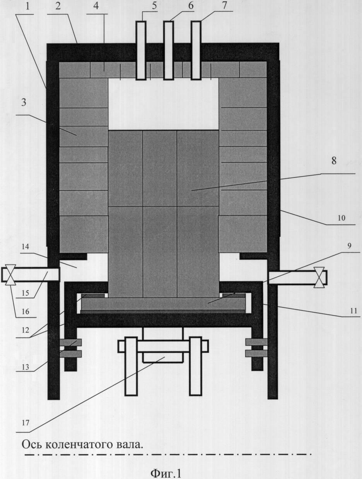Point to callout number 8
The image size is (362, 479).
click(334, 161)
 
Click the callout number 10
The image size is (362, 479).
click(342, 218)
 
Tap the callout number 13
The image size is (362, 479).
click(26, 367)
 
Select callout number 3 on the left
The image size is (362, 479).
click(24, 103)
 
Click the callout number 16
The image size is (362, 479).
click(26, 311)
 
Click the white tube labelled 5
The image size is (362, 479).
click(141, 51)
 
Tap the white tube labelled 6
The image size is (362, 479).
click(169, 51)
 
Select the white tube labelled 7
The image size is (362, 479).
click(196, 51)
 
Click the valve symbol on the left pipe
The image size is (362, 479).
click(10, 275)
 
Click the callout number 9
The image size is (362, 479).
click(349, 246)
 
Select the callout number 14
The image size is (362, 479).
click(26, 247)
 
